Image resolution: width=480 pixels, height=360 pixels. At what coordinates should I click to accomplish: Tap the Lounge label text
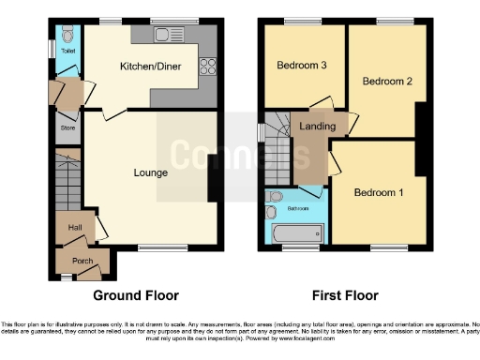(150, 172)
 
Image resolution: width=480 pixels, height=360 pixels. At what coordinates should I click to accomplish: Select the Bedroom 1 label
(379, 192)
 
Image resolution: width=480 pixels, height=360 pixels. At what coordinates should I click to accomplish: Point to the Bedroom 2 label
(388, 82)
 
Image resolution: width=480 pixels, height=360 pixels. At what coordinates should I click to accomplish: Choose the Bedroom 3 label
(302, 66)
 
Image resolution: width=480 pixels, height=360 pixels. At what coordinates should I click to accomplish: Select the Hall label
(75, 227)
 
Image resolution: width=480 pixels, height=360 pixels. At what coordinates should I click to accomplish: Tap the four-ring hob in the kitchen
(208, 67)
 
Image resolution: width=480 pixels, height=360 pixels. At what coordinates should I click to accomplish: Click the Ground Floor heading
(136, 295)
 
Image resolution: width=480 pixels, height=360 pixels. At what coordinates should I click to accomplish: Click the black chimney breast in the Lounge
(215, 175)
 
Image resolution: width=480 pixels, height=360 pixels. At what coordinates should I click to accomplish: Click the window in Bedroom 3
(301, 21)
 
